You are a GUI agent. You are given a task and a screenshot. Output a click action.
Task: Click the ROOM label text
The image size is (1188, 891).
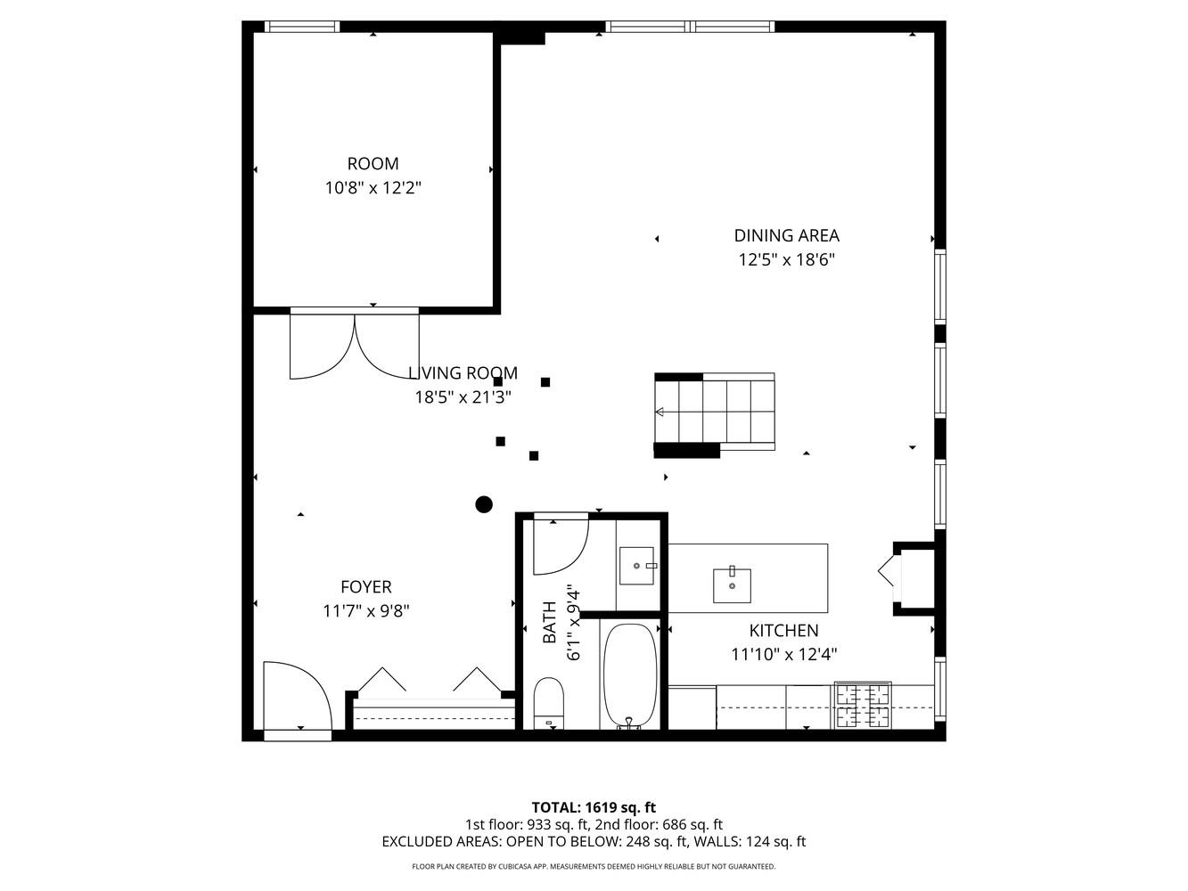[x=373, y=164]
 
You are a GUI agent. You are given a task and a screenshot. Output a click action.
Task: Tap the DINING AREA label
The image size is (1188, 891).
[x=786, y=236]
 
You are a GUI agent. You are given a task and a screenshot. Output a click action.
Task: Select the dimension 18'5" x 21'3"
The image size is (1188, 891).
[x=463, y=397]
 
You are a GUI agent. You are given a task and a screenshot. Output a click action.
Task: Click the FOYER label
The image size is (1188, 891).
[x=365, y=587]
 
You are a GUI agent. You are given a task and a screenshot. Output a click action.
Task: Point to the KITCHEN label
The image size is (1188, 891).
[x=783, y=631]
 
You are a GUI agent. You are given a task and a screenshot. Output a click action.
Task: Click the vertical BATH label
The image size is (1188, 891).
[x=550, y=622]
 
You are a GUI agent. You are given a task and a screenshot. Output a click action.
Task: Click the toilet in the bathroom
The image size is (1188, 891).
[x=549, y=702]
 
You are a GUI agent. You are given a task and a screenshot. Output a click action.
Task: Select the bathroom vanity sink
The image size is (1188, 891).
[x=636, y=565]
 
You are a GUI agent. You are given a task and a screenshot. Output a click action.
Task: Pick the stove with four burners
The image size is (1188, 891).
[x=862, y=705]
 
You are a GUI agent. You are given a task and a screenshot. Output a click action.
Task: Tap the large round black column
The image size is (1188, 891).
[x=484, y=505]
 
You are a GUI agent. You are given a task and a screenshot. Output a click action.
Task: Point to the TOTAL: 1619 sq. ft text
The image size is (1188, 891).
[x=594, y=808]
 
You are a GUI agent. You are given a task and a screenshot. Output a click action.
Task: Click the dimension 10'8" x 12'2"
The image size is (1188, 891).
[x=373, y=188]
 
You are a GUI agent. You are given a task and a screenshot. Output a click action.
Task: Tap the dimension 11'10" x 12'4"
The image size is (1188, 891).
[x=783, y=655]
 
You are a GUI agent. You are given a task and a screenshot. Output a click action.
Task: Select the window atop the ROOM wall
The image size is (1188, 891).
[x=304, y=27]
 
